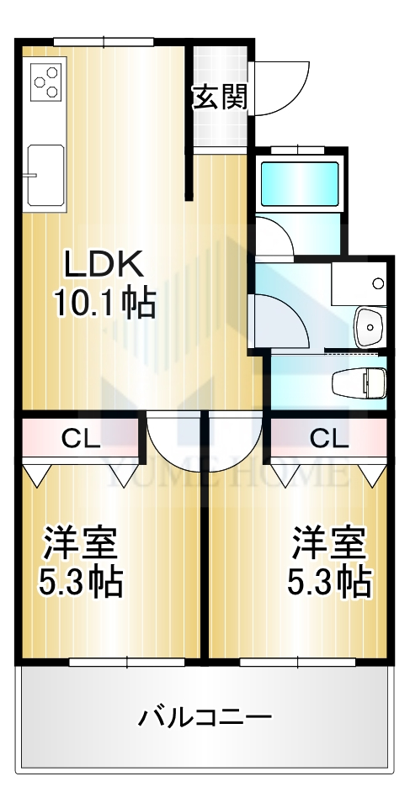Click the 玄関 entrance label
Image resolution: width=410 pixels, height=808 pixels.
tap(221, 97)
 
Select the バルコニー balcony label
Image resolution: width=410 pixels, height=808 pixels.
tap(205, 716)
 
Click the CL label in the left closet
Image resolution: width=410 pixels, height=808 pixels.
tap(81, 438)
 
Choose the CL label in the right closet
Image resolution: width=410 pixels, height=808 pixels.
tap(329, 438)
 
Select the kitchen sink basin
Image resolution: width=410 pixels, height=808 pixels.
tap(45, 175)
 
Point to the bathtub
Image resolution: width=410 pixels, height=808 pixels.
tap(300, 183)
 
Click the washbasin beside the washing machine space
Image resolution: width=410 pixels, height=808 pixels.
tap(370, 327)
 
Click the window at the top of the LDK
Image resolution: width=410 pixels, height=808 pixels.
tap(104, 41)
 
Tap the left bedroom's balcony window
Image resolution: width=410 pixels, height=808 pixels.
tap(127, 662)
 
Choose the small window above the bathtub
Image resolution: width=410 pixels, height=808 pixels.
tap(297, 150)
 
